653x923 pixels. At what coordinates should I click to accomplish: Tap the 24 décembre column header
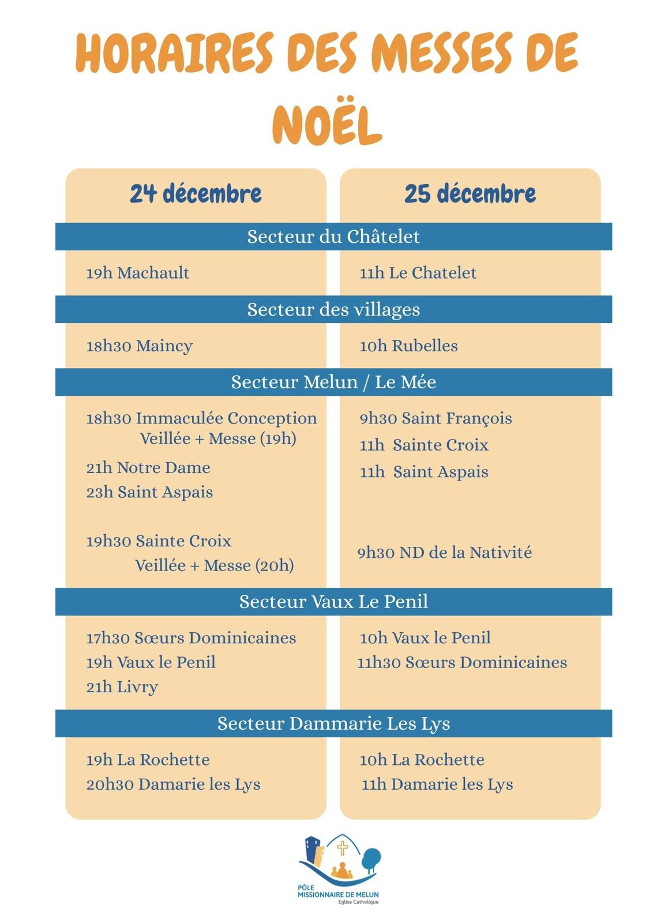196,194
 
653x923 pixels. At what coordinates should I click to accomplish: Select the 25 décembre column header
470,194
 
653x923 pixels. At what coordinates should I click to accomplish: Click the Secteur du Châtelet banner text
333,237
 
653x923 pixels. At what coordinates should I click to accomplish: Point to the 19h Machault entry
137,273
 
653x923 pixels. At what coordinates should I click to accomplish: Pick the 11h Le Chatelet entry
418,273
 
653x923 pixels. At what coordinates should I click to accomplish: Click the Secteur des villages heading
333,310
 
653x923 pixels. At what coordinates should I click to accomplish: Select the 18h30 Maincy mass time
139,346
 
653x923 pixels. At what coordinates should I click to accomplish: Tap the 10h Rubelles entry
408,346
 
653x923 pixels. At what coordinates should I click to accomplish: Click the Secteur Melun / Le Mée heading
333,382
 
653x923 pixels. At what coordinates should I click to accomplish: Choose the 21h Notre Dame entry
148,468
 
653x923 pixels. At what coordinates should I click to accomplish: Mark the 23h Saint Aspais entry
149,493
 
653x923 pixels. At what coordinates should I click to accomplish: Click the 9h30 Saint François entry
436,418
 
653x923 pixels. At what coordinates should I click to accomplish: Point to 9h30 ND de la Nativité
444,553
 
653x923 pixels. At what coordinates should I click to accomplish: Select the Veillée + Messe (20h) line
214,565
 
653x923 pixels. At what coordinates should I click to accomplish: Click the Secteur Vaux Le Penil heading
333,602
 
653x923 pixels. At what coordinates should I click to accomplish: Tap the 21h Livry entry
122,687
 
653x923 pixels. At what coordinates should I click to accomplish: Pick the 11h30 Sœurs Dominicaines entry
461,662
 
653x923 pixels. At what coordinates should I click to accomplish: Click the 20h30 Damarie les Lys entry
173,785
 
